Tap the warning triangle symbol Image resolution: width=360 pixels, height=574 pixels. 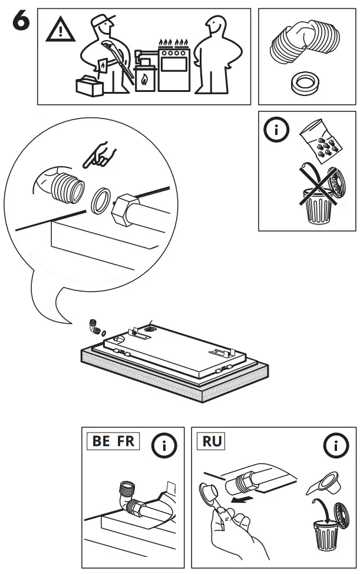click(x=58, y=29)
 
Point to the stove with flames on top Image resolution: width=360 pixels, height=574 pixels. click(x=173, y=68)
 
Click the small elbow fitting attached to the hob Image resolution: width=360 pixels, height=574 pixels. click(x=94, y=324)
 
